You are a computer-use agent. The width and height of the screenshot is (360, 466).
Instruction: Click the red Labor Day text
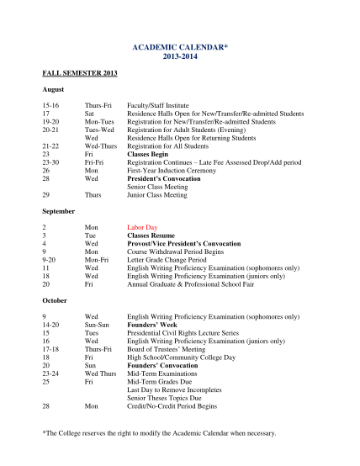tap(141, 227)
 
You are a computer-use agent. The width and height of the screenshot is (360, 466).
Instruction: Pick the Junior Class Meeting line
tap(156, 195)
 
